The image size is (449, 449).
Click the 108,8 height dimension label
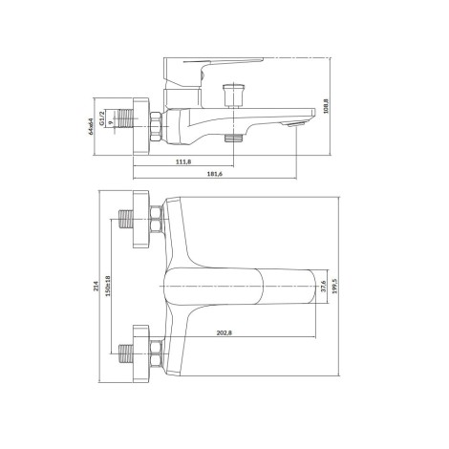click(x=326, y=106)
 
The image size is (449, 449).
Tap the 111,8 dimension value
click(x=183, y=161)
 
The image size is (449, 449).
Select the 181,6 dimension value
click(x=215, y=174)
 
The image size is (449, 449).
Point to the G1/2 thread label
click(x=101, y=118)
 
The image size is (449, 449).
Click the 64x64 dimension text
click(x=91, y=126)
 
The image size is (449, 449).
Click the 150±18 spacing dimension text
click(x=108, y=286)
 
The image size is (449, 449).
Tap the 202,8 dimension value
click(x=224, y=332)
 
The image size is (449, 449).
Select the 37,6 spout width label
click(x=323, y=287)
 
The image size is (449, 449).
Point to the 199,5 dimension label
click(x=334, y=286)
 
